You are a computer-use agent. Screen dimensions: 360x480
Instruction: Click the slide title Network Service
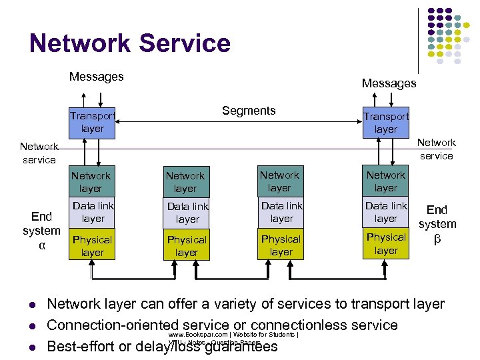129,43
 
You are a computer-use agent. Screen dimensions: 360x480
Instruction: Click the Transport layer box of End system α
92,122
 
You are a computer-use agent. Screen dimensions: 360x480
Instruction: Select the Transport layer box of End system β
386,123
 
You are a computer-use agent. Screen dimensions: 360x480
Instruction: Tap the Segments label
249,111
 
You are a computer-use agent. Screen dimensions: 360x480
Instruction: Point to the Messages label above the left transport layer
96,77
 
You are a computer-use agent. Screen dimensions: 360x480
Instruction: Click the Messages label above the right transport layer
389,83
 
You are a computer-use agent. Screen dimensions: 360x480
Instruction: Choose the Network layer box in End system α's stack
91,181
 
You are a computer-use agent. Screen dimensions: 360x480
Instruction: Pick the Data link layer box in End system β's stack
386,212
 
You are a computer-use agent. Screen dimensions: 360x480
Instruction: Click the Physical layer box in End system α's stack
92,245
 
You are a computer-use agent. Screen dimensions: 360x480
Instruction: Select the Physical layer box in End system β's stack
386,243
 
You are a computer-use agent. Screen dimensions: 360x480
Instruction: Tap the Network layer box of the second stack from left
186,182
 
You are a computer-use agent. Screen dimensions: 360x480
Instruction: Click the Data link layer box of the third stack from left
281,212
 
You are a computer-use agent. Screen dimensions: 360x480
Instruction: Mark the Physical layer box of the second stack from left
187,246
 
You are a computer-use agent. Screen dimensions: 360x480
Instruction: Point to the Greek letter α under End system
42,245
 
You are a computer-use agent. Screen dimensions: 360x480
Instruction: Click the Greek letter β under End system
437,239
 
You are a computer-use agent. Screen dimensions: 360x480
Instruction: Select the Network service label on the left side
38,153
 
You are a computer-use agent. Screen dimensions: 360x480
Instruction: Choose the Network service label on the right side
436,149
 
